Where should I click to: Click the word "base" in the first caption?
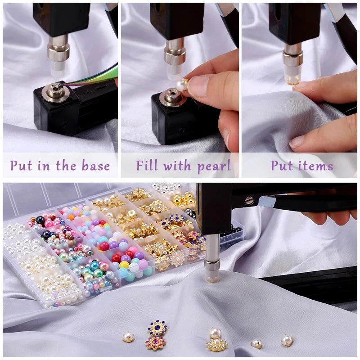point(96,166)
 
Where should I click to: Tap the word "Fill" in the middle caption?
point(147,165)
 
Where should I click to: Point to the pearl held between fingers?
point(182,85)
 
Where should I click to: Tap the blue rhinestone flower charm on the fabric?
point(157,328)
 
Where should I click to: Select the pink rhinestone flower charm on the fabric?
point(155,343)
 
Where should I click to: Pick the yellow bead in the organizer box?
point(124,265)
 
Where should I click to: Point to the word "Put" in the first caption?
point(21,166)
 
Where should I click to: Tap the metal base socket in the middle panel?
point(171,96)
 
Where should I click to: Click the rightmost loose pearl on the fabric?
point(287,341)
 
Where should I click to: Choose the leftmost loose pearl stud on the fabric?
point(128,337)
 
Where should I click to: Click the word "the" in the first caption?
point(66,166)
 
